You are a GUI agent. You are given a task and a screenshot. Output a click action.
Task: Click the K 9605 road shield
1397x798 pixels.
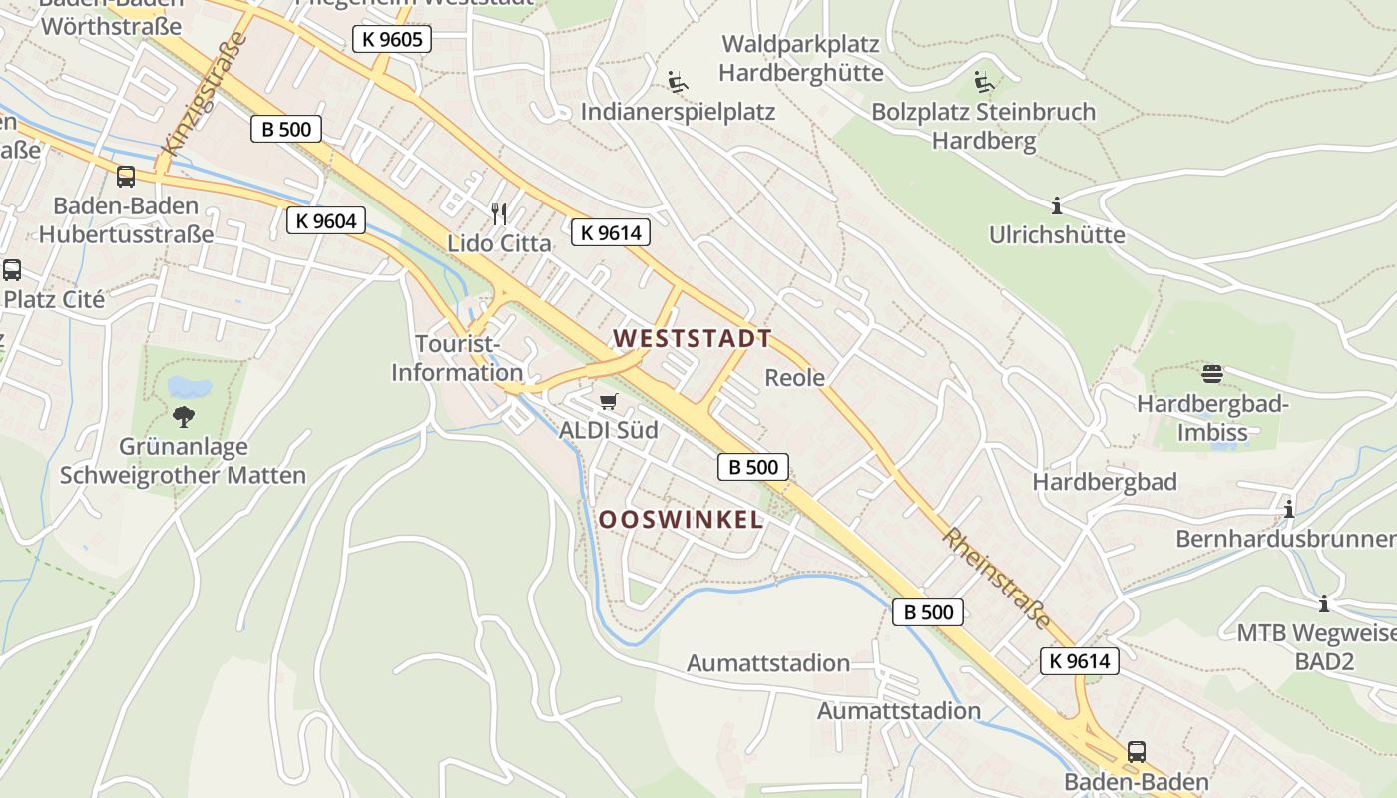point(392,40)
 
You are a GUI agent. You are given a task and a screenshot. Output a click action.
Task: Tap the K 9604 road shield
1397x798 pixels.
point(326,220)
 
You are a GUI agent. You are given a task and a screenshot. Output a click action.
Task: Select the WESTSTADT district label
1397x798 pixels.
point(693,339)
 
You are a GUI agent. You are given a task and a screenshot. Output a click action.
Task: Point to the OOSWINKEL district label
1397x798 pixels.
point(682,519)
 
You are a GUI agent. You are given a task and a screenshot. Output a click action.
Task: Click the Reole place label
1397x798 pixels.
point(795,377)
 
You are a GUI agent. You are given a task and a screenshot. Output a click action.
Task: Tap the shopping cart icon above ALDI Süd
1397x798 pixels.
point(608,401)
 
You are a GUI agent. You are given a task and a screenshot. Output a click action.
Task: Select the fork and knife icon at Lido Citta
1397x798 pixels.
point(499,213)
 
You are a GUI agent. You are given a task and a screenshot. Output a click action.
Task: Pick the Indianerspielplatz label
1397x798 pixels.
point(678,111)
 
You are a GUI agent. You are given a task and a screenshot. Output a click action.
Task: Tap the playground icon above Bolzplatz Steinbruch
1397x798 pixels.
point(984,81)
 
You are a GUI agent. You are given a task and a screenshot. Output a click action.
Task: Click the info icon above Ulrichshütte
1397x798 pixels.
point(1057,206)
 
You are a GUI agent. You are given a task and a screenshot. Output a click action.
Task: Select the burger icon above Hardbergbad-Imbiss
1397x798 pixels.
point(1212,374)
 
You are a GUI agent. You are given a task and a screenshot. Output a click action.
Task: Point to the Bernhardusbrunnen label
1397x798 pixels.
point(1285,539)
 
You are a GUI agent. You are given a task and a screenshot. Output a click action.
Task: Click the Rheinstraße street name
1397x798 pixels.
point(996,579)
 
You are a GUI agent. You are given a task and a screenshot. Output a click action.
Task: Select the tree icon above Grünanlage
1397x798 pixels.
point(183,416)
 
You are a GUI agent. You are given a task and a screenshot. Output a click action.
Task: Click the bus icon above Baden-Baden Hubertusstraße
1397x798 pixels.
point(126,177)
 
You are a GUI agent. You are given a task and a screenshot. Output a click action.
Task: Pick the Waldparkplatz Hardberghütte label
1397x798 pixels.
point(800,58)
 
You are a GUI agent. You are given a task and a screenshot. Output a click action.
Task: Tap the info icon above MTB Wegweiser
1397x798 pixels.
point(1324,603)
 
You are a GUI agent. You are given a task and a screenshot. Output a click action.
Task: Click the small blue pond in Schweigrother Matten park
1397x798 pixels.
point(190,386)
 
